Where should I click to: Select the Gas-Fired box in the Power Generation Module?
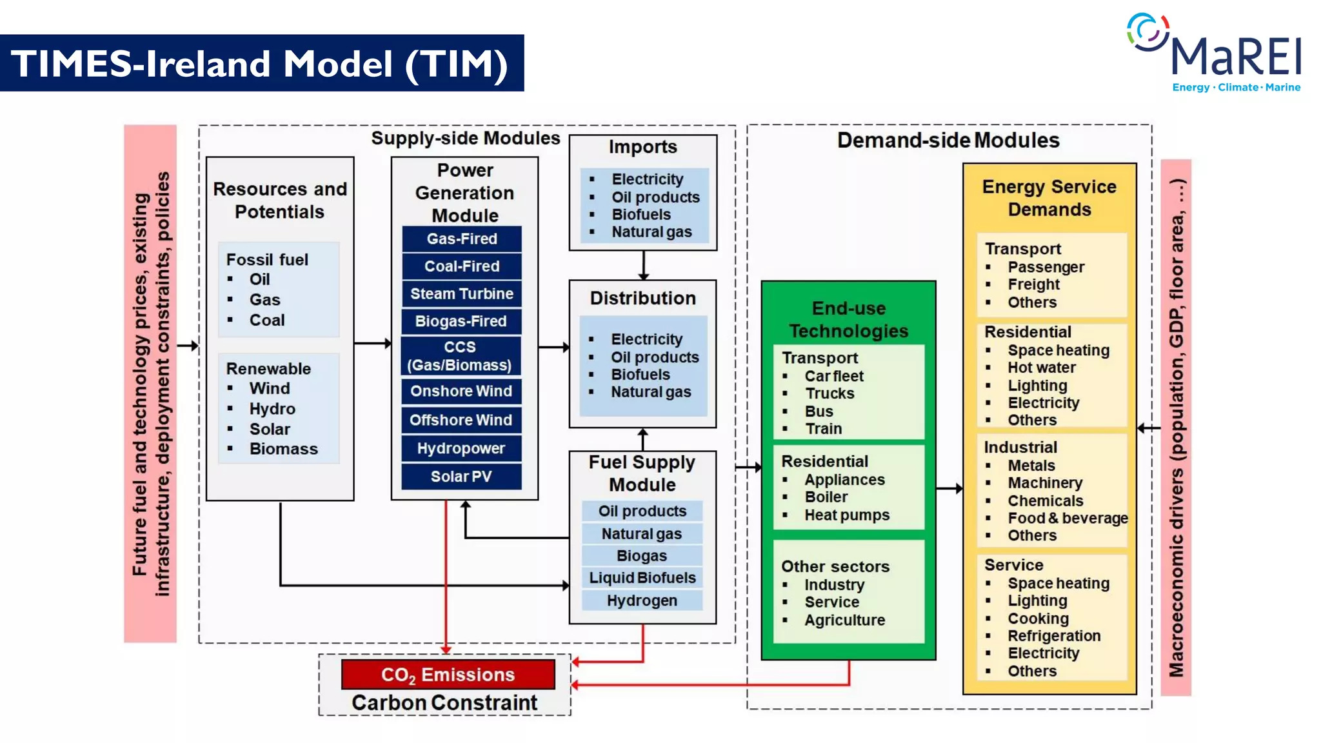(x=461, y=239)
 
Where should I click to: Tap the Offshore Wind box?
(x=461, y=420)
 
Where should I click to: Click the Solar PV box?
(x=461, y=477)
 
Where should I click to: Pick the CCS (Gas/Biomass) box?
(x=459, y=356)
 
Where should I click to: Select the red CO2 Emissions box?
(x=448, y=675)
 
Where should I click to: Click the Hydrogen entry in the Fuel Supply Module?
(x=642, y=600)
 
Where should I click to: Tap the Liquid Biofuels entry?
(x=642, y=578)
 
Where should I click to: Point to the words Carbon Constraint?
(x=444, y=702)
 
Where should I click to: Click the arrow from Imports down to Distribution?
(x=643, y=265)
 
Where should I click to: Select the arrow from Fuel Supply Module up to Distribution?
(x=642, y=439)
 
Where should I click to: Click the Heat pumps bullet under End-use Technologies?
(x=846, y=515)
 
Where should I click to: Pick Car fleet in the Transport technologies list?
(x=833, y=376)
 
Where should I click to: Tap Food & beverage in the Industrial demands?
(x=1067, y=518)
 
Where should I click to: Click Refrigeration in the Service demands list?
(x=1054, y=636)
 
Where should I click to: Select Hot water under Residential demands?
(x=1041, y=368)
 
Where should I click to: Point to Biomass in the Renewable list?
(x=283, y=449)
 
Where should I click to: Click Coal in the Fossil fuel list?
(x=266, y=320)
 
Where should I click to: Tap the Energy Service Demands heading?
(x=1049, y=198)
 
